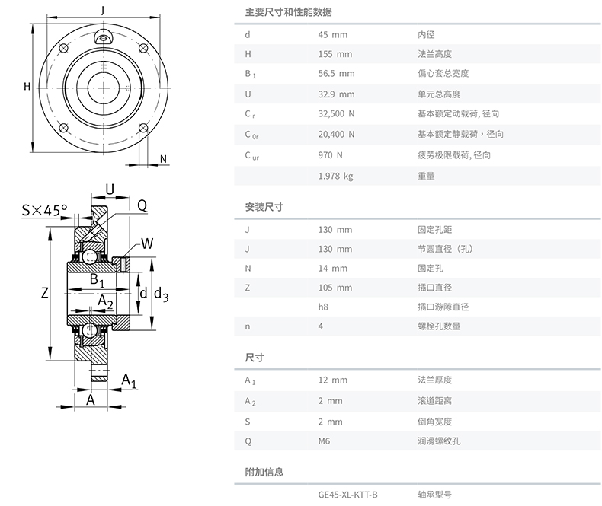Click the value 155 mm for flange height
click(335, 54)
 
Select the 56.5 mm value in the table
click(336, 74)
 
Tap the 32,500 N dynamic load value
click(336, 114)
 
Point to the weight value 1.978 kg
click(335, 176)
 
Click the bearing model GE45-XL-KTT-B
click(347, 494)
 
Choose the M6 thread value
click(325, 441)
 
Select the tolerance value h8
click(323, 307)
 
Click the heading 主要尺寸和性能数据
click(288, 13)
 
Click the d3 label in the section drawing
click(161, 294)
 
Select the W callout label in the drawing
click(146, 244)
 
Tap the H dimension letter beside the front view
click(27, 86)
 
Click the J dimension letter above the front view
click(103, 10)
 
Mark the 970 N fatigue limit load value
click(330, 155)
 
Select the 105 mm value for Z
click(335, 288)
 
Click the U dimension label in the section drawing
click(110, 189)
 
